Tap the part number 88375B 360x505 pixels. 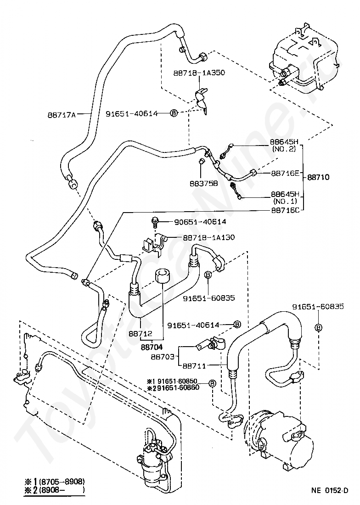[x=203, y=183]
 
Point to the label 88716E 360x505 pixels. [x=285, y=173]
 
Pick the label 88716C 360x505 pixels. [x=285, y=210]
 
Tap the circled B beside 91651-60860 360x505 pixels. [x=212, y=383]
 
